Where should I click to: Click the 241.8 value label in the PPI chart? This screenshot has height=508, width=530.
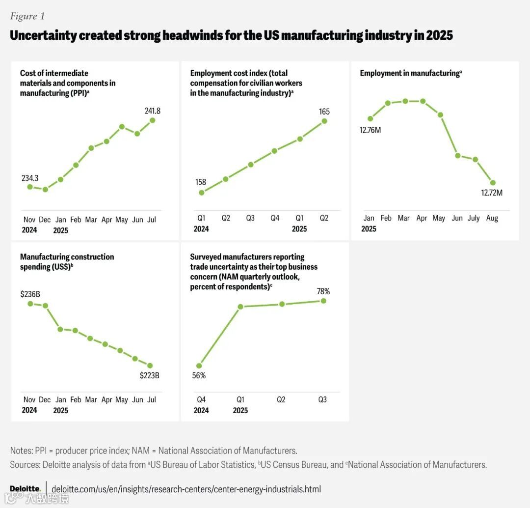coord(152,111)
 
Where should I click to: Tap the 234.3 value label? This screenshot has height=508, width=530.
coord(30,178)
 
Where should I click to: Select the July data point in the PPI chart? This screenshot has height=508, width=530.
coord(152,120)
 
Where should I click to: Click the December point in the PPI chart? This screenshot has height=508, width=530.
coord(45,189)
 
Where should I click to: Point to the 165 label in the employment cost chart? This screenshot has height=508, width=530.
coord(324,112)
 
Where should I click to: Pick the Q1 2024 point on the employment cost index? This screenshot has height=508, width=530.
coord(201,192)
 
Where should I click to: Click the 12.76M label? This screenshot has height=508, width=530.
coord(371,130)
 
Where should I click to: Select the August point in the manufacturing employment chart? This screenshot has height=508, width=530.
coord(493,183)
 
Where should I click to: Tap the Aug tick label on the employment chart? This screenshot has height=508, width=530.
coord(492,218)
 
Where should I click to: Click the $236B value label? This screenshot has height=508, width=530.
coord(30,294)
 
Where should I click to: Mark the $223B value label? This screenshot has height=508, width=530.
coord(150,376)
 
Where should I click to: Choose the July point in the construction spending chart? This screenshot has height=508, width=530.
coord(150,366)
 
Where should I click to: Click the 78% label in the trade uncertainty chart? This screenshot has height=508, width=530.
coord(323,291)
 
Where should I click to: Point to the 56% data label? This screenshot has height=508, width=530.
coord(199,376)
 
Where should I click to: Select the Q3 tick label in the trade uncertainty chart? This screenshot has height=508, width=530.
coord(322,400)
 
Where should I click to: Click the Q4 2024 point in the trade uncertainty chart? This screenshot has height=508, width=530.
coord(199,366)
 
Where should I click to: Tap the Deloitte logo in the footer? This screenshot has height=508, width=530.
coord(25,489)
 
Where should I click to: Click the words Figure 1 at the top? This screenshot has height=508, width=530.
coord(27,16)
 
